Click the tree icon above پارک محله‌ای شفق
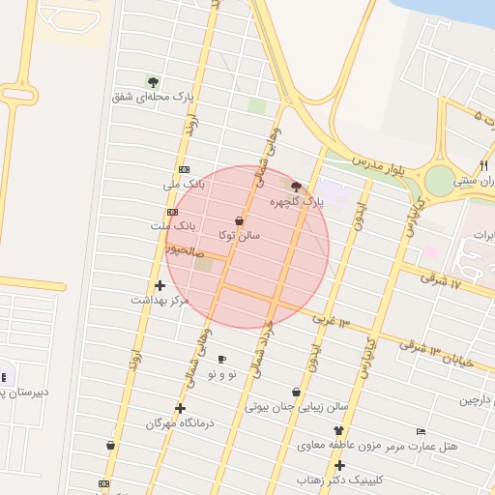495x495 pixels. coord(153,81)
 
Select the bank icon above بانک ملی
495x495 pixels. coord(184,168)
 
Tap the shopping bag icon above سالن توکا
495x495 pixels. coord(240,221)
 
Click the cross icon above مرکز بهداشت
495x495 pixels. coord(160,285)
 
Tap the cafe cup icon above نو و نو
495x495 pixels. coord(221,360)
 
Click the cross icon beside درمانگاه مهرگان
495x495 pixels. coord(180,408)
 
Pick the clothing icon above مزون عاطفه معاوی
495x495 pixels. coord(338,430)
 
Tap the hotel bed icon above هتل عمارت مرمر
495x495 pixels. coord(421,431)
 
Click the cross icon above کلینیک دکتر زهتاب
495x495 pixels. coord(339,465)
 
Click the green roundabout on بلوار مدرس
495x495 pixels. coord(440,180)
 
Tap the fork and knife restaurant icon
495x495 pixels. coord(483,165)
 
